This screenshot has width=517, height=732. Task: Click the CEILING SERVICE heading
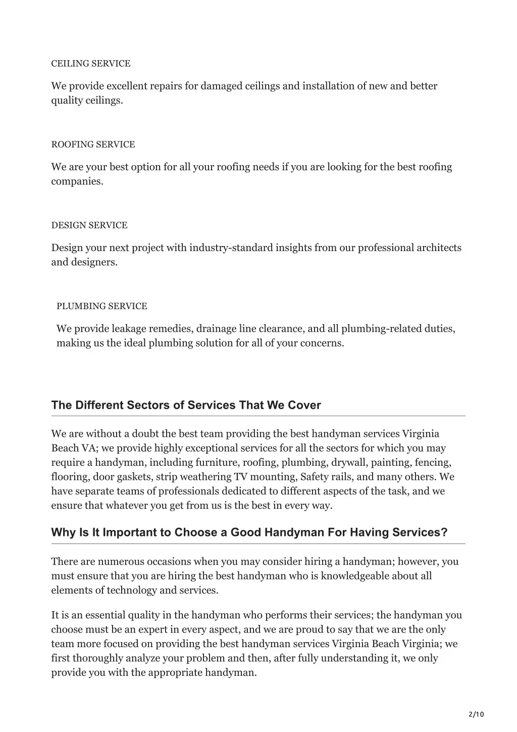click(91, 64)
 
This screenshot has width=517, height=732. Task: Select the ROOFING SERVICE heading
click(93, 144)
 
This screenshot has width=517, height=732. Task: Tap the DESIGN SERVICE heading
click(89, 225)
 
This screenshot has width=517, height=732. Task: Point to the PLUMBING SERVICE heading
click(102, 306)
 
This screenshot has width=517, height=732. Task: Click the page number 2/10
click(476, 714)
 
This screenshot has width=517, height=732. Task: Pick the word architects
click(439, 248)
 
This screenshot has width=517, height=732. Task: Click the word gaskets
click(136, 477)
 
